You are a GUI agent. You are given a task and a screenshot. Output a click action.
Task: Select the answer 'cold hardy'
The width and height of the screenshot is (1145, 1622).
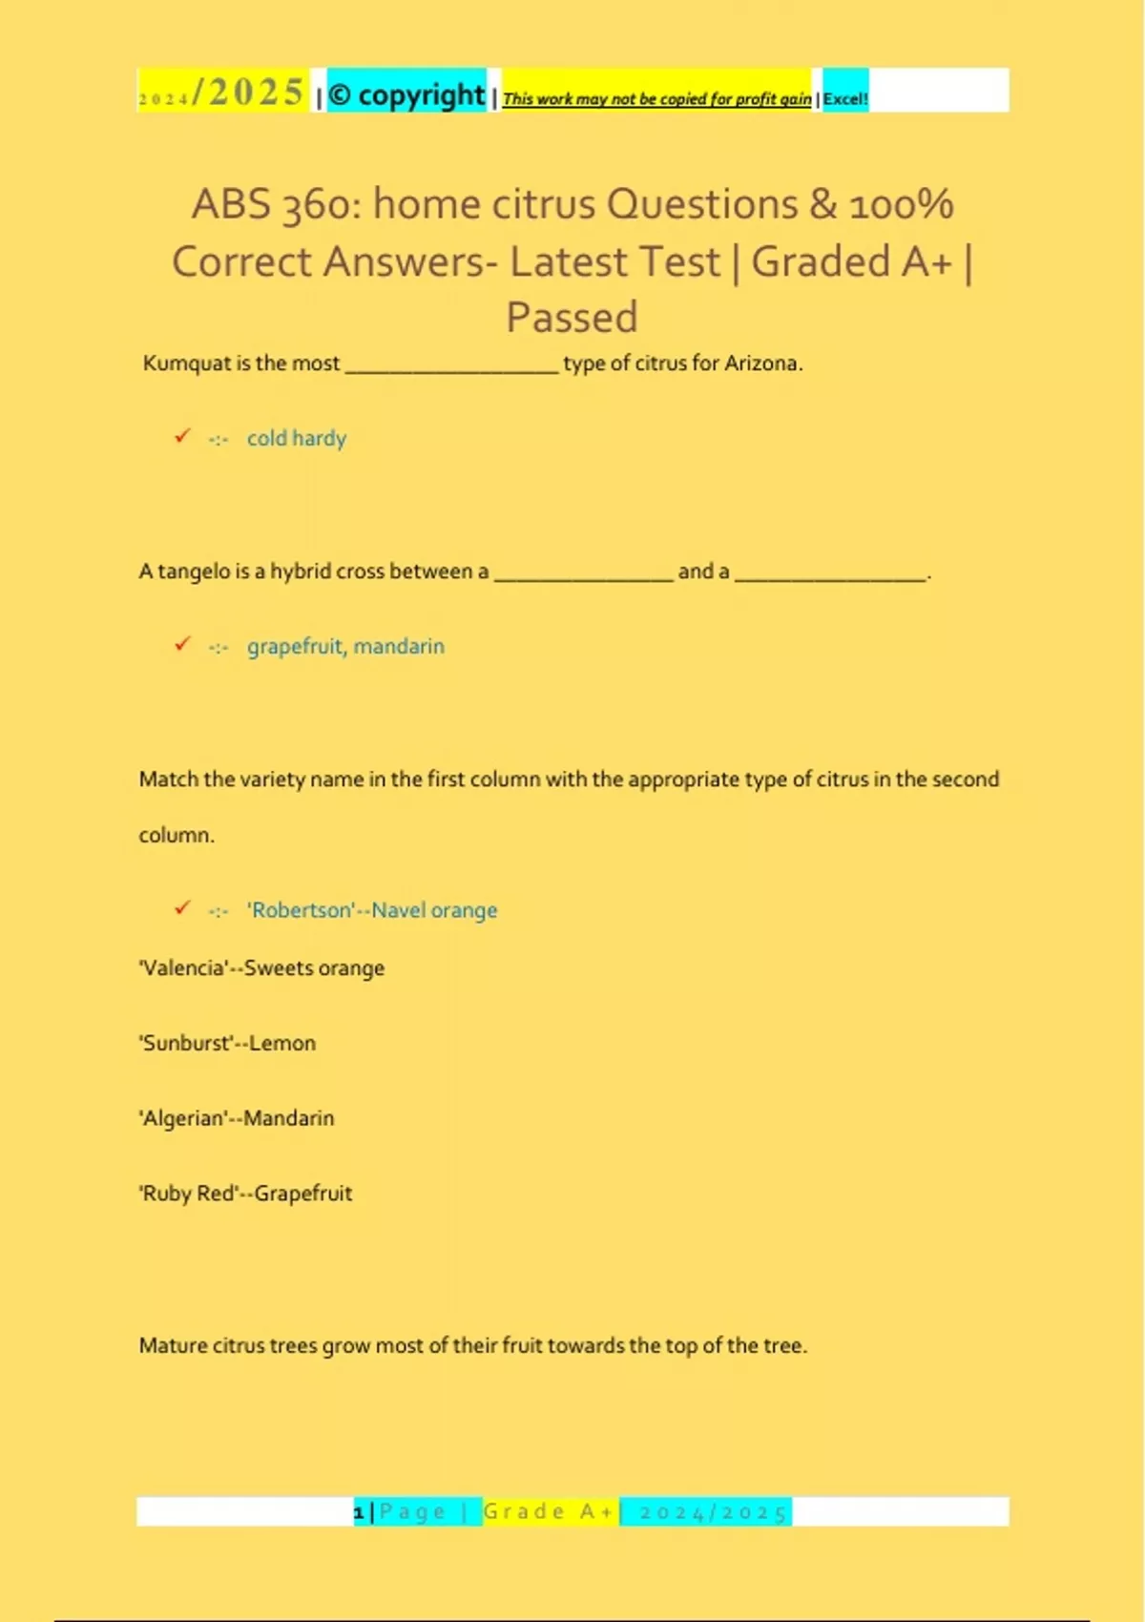(297, 439)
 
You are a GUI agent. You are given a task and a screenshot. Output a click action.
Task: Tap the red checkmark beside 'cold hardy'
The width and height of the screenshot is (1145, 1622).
(182, 436)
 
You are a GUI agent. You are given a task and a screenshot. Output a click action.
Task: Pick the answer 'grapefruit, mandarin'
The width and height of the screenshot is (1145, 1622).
(345, 647)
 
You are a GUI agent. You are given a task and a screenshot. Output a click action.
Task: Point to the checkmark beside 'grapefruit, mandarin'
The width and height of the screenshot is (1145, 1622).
(182, 644)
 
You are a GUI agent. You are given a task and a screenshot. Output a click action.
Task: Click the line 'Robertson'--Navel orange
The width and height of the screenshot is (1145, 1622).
(372, 910)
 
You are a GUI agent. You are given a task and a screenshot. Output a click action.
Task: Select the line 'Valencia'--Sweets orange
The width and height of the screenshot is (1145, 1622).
(262, 968)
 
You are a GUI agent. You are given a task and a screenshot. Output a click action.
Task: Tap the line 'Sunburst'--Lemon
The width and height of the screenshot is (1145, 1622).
(228, 1043)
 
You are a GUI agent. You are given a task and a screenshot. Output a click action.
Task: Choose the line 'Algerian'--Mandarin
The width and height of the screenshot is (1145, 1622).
(238, 1118)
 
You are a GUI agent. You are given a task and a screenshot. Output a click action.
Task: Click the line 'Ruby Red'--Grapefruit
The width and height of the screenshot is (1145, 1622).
(246, 1194)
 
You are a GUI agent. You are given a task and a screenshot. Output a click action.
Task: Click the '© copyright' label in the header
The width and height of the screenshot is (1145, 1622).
(406, 94)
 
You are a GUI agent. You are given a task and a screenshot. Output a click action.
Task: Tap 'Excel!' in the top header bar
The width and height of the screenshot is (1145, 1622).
(845, 98)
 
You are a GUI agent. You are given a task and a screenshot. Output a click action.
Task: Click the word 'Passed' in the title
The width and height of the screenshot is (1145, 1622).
(572, 318)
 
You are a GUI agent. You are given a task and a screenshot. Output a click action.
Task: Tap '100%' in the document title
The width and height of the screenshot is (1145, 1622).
(901, 205)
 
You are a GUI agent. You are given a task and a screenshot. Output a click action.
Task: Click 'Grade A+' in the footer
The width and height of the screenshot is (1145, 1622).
(549, 1511)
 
